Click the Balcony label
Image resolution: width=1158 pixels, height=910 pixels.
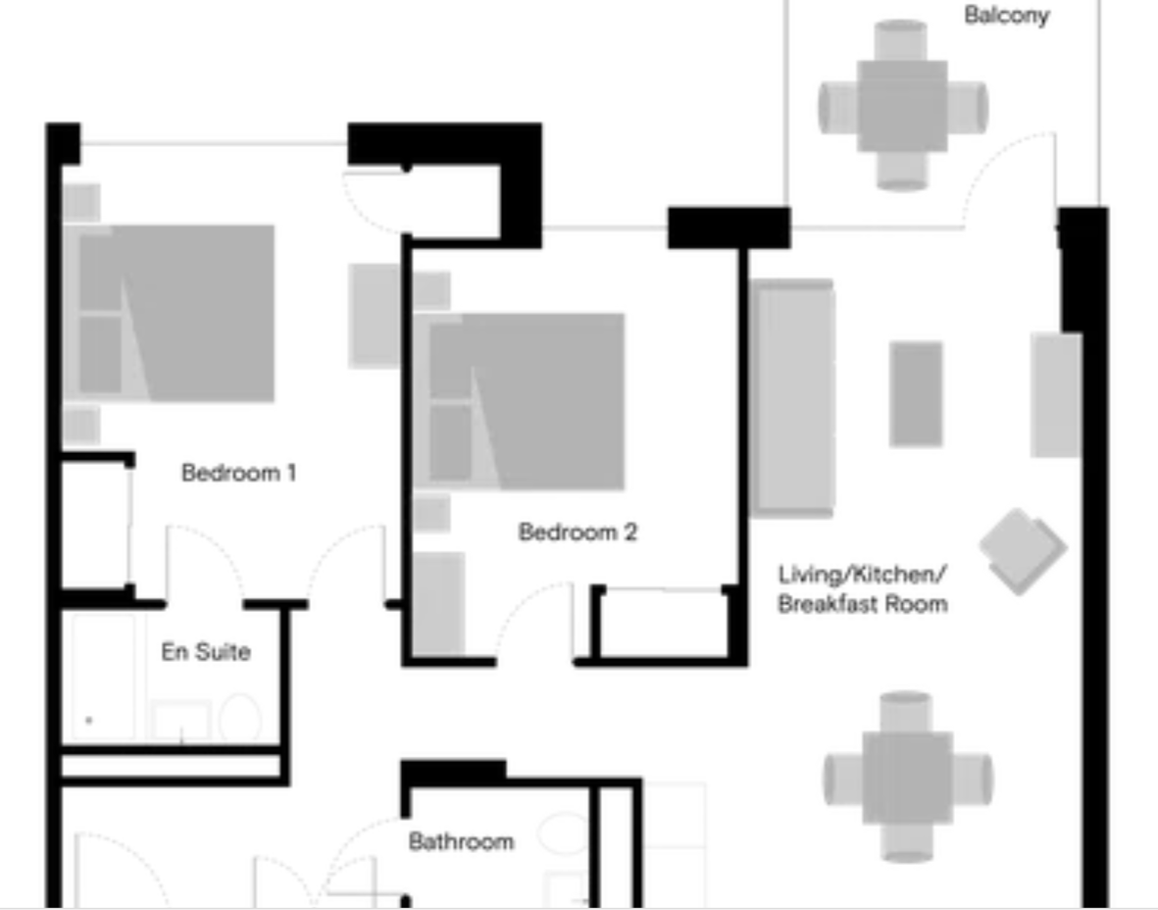coord(1006,16)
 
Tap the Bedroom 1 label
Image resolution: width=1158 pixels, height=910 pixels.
coord(238,473)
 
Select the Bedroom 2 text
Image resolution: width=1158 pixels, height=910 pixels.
coord(578,532)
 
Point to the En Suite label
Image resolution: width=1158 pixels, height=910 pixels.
coord(206,652)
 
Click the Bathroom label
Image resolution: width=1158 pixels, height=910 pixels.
coord(461,841)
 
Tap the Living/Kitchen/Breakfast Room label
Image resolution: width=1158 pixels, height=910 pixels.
coord(863,589)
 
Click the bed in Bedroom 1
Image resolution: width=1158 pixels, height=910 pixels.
coord(176,314)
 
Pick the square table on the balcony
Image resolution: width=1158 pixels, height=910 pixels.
coord(902,106)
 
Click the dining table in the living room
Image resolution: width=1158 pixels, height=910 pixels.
coord(907,778)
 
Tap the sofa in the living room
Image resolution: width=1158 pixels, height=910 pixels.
coord(792,398)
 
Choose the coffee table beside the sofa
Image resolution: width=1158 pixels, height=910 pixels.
coord(916,393)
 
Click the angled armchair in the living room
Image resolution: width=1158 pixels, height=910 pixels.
coord(1022,550)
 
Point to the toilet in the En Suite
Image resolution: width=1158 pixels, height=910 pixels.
coord(240,720)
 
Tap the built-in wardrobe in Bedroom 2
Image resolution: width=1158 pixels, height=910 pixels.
coord(662,624)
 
